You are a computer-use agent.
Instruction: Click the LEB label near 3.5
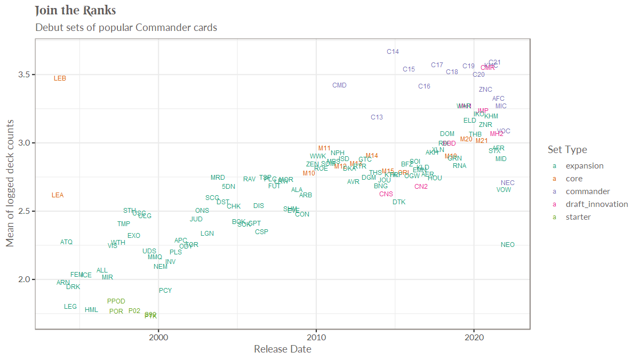click(x=60, y=78)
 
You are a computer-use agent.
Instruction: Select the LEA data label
click(x=58, y=195)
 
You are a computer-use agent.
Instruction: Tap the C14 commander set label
click(x=393, y=52)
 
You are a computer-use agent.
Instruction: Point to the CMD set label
click(x=339, y=85)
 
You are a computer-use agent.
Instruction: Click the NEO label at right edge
click(x=508, y=245)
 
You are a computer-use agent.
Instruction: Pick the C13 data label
click(x=377, y=117)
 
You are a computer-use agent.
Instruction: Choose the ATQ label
click(x=66, y=242)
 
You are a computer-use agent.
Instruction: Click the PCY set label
click(x=165, y=291)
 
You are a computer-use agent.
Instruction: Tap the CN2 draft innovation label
click(x=421, y=187)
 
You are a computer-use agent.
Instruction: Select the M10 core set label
click(x=309, y=173)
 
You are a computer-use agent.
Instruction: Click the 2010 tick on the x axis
click(x=316, y=337)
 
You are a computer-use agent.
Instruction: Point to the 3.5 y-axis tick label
click(x=23, y=74)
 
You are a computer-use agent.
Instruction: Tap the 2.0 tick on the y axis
click(x=23, y=279)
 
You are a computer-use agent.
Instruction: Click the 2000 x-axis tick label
click(x=158, y=337)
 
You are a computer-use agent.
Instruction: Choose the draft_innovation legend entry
click(x=596, y=204)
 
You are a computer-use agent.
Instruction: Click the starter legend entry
click(x=578, y=217)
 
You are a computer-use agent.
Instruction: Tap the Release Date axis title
click(x=282, y=349)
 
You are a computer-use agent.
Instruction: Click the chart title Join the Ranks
click(x=75, y=11)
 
